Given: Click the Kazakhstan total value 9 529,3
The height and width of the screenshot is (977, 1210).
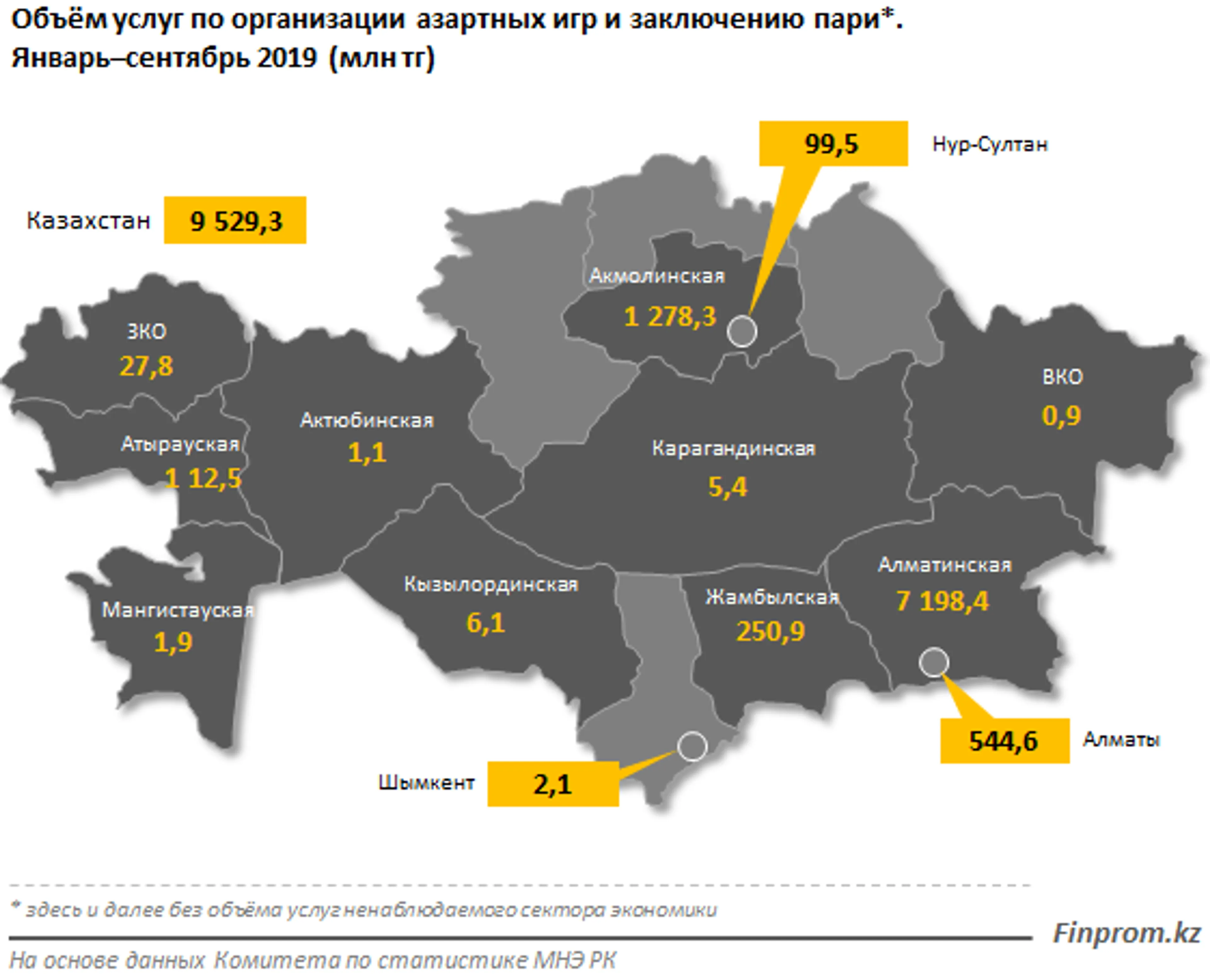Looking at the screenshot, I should pos(235,221).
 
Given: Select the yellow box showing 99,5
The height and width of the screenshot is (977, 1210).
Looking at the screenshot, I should pos(833,144).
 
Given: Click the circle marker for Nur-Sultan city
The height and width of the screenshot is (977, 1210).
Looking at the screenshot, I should pos(742,331).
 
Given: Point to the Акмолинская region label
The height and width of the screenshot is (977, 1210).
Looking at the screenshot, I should pos(657,276).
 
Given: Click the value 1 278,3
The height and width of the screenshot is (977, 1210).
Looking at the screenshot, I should pos(670,317).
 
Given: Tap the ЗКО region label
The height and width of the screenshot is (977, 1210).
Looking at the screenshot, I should pos(146,331).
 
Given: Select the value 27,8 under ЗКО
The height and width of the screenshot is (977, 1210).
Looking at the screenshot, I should pos(146,366).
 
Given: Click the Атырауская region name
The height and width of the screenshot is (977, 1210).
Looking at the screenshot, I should pos(180,445).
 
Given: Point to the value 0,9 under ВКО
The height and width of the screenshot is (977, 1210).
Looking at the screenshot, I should pos(1061,416).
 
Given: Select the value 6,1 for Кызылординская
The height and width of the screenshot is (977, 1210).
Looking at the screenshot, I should pos(486,623).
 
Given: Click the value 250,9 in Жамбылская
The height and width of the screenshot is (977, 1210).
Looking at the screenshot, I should pos(770,631).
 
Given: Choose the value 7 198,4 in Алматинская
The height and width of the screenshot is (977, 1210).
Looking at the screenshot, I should pos(942,601).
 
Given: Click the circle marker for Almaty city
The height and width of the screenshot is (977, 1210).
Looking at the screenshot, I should pos(934,662).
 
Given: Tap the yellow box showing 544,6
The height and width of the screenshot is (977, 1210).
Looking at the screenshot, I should pos(1004,741).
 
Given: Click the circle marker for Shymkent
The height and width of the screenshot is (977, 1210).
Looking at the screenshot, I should pos(692,746).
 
